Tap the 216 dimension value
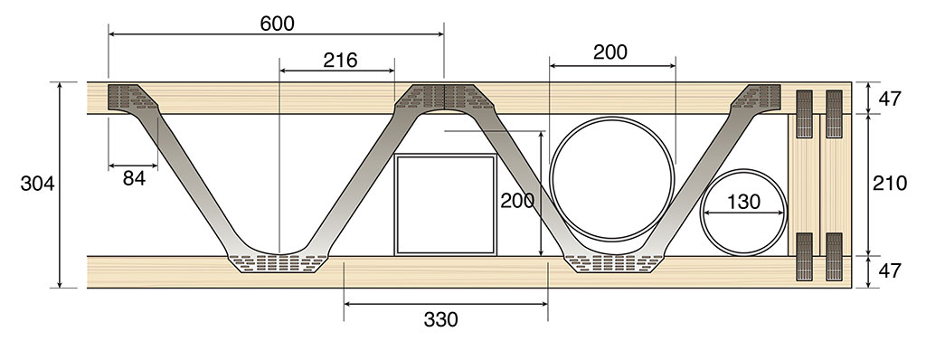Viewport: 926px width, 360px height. point(340,60)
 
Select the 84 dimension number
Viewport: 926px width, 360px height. point(134,178)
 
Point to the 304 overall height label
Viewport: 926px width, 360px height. point(37,184)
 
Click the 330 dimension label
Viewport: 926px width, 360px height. point(440,319)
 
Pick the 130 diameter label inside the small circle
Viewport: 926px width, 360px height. point(743,203)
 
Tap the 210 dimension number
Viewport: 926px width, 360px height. point(890,184)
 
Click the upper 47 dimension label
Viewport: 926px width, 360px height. point(890,99)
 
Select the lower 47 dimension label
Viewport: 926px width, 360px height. point(890,270)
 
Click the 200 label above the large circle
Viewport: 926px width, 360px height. point(610,52)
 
